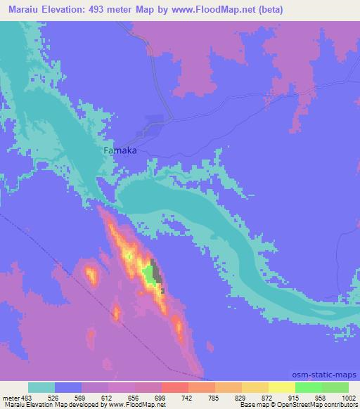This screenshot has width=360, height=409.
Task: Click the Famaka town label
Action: pos(120,150)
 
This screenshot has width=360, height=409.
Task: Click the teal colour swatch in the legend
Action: pos(41,387)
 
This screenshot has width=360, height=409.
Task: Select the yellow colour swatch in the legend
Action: pos(281,387)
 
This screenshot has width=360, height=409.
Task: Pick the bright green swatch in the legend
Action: pos(308,387)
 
